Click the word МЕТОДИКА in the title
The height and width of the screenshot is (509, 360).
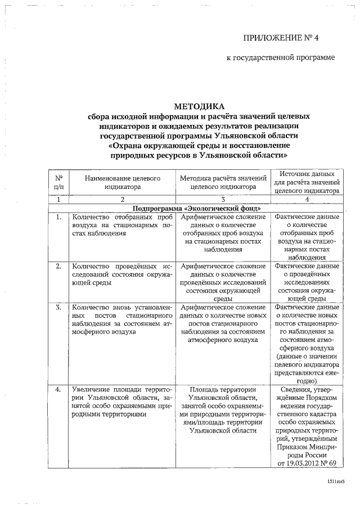(199, 106)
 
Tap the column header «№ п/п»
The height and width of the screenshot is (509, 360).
(58, 183)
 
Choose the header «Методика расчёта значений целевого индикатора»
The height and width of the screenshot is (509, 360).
(223, 183)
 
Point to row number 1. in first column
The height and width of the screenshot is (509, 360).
(58, 217)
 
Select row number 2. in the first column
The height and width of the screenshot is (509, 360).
(58, 266)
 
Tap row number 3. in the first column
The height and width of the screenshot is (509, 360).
(58, 308)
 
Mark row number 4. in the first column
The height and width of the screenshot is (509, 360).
(58, 389)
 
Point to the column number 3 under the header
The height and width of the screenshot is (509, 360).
(223, 200)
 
